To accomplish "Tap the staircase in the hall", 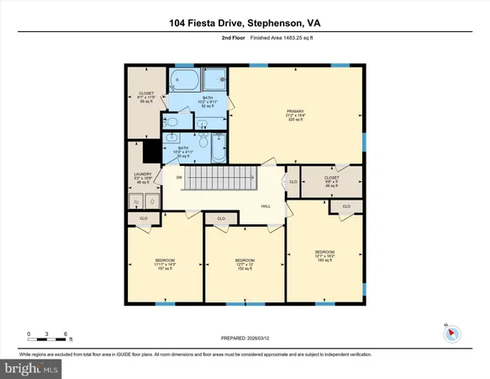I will click(x=219, y=179).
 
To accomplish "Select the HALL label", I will click(x=265, y=206).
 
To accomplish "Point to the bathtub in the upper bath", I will click(x=184, y=81).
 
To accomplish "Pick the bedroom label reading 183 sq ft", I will click(x=324, y=256).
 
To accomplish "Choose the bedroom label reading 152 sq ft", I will click(x=245, y=264).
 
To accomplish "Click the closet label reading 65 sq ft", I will click(x=146, y=97).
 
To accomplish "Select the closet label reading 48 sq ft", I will click(x=329, y=181).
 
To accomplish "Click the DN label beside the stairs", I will click(x=179, y=178).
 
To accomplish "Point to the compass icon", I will click(x=452, y=332).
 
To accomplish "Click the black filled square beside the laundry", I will click(x=152, y=152).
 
